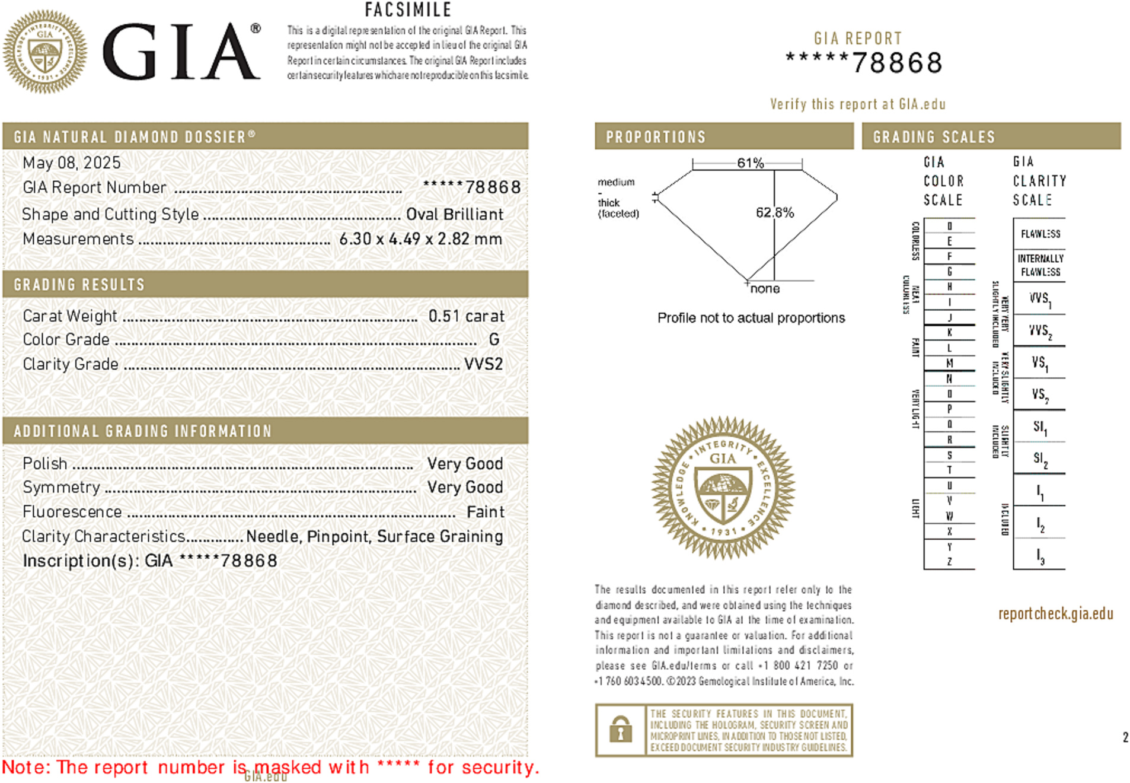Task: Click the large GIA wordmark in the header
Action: (181, 52)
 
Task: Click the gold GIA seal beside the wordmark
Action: (44, 52)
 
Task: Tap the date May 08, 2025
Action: (71, 163)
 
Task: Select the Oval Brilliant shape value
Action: (454, 214)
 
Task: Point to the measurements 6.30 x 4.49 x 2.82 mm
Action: (420, 239)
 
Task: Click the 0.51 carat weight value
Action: (466, 316)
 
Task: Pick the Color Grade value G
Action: (494, 339)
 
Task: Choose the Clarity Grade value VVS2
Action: (483, 364)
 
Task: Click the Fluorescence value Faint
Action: (485, 512)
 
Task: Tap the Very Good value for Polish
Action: (465, 464)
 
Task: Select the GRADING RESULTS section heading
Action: (79, 285)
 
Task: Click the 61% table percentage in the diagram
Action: (750, 163)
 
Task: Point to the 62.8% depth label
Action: (774, 212)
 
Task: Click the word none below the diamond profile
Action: (765, 289)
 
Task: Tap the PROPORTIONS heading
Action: (656, 137)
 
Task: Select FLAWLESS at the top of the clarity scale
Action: (1040, 234)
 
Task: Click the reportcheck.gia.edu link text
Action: (1055, 614)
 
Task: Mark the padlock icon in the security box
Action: (620, 730)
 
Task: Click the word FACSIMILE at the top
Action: (408, 10)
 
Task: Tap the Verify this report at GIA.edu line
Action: (857, 104)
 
